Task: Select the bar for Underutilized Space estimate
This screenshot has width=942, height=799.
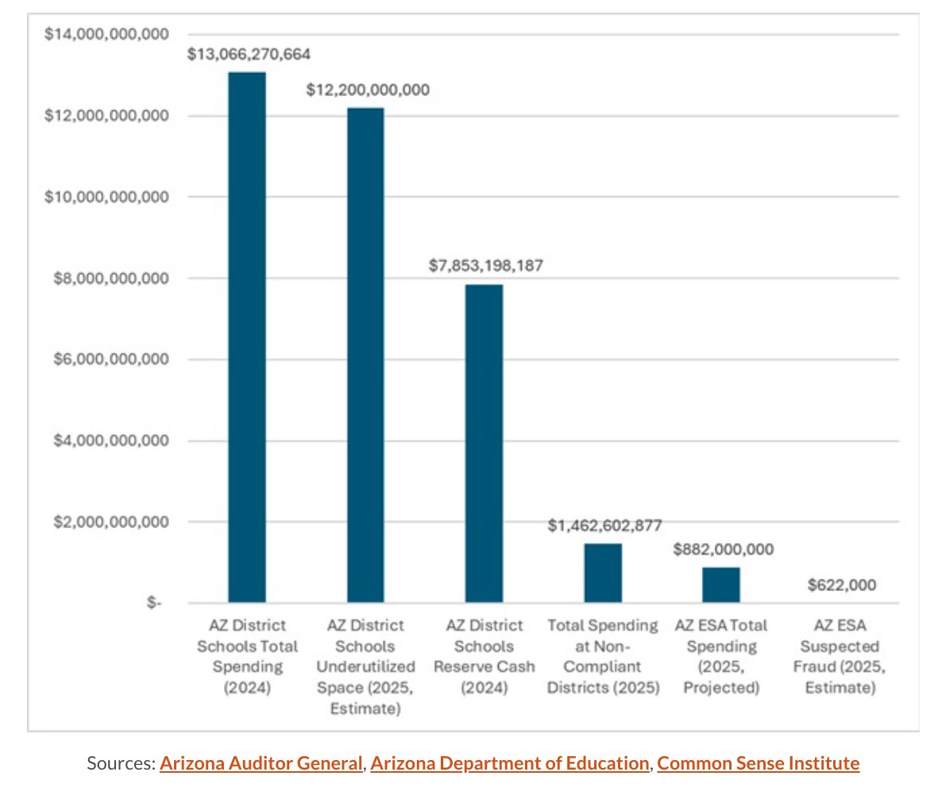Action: (365, 354)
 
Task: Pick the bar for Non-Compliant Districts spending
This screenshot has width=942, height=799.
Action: (603, 573)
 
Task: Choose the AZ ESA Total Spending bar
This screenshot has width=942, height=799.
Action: (721, 585)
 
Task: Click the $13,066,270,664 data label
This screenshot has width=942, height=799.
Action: (249, 55)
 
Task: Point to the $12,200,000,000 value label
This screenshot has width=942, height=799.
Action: (368, 90)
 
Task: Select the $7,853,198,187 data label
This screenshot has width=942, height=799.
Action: (485, 265)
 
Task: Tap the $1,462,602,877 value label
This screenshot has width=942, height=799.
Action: (604, 526)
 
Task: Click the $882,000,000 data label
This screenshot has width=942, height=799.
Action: (723, 549)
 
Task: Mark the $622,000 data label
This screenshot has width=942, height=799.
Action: (841, 585)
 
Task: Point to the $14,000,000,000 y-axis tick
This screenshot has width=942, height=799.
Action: (100, 34)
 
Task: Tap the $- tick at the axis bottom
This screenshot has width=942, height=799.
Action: (153, 604)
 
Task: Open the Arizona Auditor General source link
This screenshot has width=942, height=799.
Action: (261, 764)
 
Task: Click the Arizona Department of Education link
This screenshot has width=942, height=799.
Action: (509, 764)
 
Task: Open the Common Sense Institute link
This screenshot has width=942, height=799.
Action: (758, 764)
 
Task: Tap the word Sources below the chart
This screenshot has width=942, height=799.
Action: (120, 764)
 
